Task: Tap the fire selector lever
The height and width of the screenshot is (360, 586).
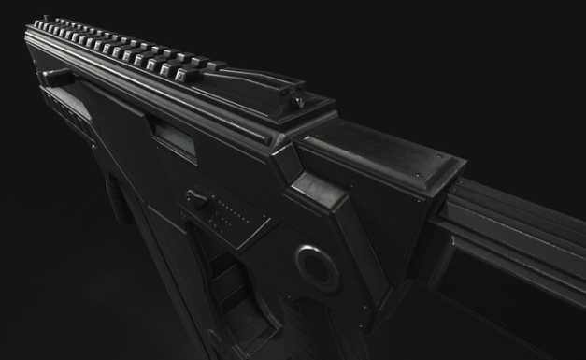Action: tap(196, 198)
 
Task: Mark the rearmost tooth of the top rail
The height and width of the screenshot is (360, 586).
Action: tap(214, 66)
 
